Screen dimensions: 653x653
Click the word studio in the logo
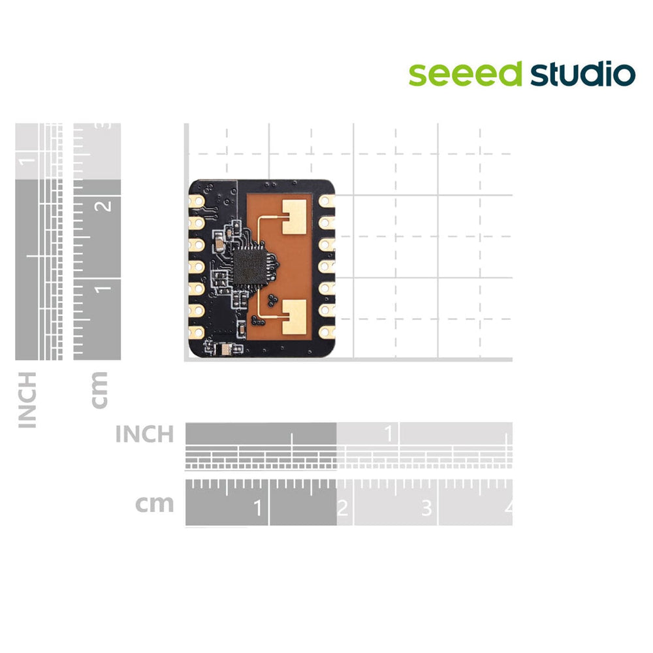[x=583, y=74]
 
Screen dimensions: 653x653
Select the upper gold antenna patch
[x=295, y=217]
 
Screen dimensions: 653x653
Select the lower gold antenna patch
[x=295, y=317]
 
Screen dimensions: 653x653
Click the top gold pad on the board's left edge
[x=197, y=202]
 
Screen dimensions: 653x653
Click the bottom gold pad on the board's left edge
[x=197, y=332]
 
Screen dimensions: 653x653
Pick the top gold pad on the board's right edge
[x=326, y=201]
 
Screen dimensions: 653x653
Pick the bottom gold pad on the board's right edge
[x=326, y=332]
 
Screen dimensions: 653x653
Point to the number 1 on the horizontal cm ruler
[x=258, y=507]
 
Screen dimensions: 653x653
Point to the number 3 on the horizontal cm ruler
[x=426, y=508]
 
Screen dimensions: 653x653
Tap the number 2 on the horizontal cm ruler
[x=342, y=508]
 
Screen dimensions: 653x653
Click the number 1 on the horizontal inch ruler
[x=389, y=434]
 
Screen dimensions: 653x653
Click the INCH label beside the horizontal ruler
[x=144, y=434]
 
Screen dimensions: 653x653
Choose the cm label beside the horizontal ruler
[x=154, y=504]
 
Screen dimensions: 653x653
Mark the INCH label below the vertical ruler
[x=27, y=400]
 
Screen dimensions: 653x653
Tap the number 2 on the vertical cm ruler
[x=103, y=205]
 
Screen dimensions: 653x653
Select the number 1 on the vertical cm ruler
[x=103, y=289]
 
